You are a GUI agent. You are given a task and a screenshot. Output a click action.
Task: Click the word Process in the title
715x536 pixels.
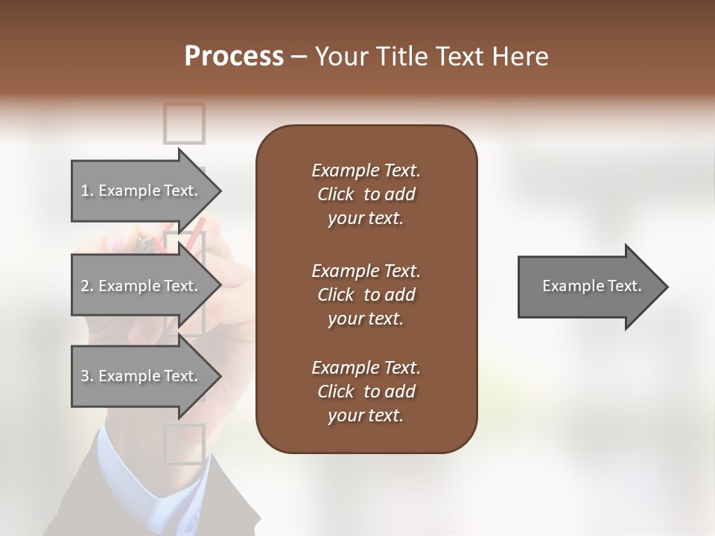pos(234,57)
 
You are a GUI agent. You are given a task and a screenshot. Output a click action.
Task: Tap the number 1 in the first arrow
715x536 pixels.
pos(85,191)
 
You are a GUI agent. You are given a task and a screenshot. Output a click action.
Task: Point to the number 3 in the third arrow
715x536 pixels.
pos(85,376)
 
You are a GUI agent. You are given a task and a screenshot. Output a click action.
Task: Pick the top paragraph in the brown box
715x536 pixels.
pos(366,194)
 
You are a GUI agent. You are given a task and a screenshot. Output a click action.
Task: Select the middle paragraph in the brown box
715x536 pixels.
pos(366,295)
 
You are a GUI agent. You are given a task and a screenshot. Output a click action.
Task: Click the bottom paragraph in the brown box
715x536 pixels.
pos(366,392)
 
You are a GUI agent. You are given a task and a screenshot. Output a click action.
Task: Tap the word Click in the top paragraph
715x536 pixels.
pos(335,194)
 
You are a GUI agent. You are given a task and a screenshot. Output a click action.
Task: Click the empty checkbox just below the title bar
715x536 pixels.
pos(184,123)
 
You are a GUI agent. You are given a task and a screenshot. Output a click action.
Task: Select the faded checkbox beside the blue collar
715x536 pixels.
pos(184,444)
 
